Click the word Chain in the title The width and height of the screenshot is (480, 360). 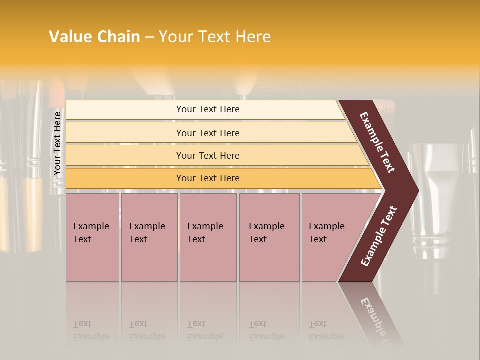[x=118, y=37]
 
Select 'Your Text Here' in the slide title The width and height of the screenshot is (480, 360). [x=215, y=37]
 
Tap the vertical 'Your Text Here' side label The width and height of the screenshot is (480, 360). [x=57, y=143]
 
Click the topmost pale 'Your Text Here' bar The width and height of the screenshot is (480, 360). [x=208, y=109]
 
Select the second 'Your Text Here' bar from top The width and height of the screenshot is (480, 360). [x=208, y=133]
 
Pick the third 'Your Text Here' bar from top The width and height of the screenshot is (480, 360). [x=208, y=155]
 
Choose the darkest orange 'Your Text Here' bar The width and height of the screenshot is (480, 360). [x=208, y=178]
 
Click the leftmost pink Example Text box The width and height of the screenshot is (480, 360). [x=92, y=237]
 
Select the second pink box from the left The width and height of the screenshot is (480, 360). [x=149, y=237]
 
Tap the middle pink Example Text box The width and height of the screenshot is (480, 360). [x=208, y=237]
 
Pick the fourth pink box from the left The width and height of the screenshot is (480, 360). [x=269, y=237]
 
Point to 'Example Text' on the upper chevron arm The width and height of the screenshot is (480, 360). [x=377, y=142]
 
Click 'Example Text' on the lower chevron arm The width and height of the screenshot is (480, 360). [x=379, y=236]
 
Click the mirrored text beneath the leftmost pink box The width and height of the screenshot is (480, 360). [x=91, y=330]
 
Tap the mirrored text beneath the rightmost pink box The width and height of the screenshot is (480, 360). [x=326, y=330]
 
